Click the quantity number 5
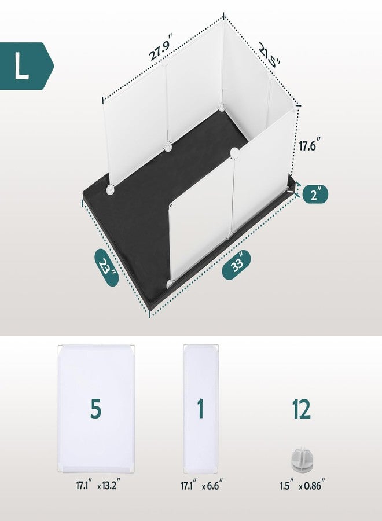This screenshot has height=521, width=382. click(x=96, y=409)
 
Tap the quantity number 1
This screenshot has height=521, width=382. click(x=200, y=409)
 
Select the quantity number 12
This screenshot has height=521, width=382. click(x=301, y=409)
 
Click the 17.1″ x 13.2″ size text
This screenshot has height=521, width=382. click(x=96, y=486)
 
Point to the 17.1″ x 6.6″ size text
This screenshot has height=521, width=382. click(x=200, y=486)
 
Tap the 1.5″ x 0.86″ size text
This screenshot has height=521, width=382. click(x=301, y=486)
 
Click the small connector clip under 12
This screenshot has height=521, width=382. click(x=301, y=459)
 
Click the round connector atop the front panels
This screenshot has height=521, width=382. click(x=234, y=152)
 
